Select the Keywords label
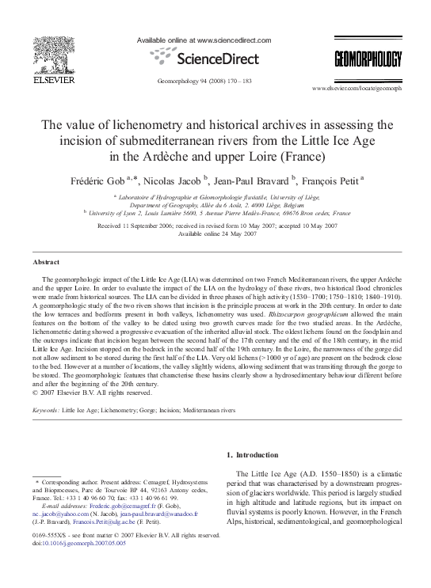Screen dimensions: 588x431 point(46,412)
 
